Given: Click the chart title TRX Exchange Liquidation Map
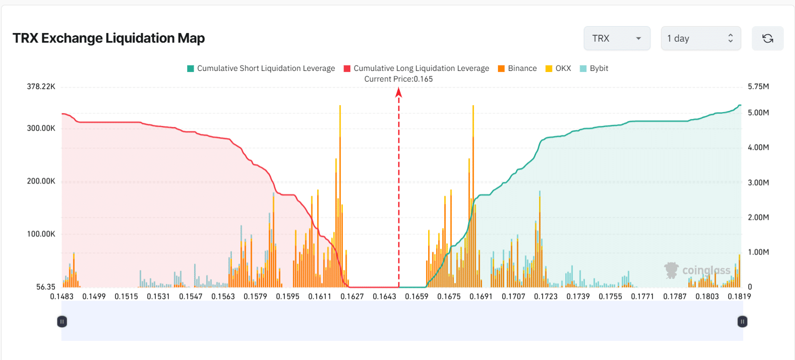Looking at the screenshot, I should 109,38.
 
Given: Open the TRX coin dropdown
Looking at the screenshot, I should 616,38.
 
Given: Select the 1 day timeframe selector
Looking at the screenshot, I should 701,38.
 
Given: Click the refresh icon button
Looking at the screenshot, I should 767,38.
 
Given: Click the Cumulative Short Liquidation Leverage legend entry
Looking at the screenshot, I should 261,68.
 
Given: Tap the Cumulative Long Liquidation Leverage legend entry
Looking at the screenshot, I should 416,68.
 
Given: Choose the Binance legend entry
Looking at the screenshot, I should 517,68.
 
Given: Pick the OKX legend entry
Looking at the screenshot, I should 558,68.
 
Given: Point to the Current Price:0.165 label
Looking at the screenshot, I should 398,79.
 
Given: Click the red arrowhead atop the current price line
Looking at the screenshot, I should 398,93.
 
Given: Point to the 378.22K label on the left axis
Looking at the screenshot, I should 41,87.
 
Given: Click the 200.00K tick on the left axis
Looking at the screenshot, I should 41,181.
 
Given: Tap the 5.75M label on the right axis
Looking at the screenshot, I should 758,87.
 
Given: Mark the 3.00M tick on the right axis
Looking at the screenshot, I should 758,182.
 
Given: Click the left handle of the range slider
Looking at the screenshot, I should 62,321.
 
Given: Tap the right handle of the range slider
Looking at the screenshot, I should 742,321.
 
